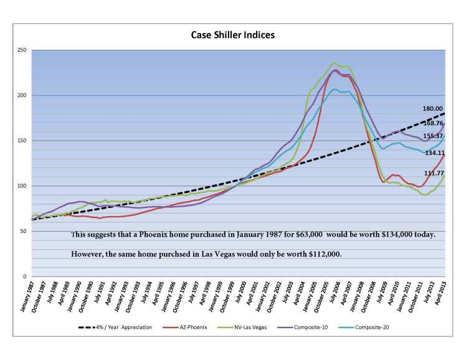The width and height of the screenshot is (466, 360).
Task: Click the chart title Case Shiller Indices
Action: pos(232,36)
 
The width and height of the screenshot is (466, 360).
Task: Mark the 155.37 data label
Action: pos(434,136)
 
